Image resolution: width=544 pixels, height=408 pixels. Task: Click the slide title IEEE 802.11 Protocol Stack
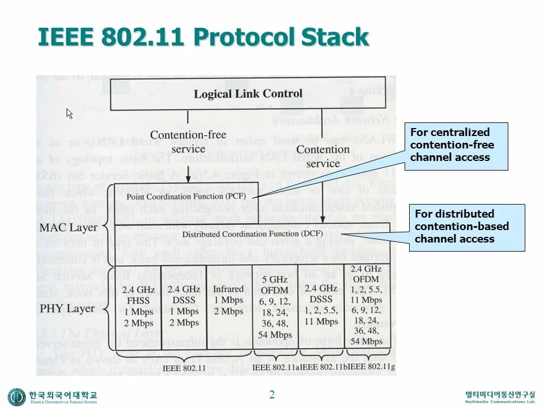tap(203, 37)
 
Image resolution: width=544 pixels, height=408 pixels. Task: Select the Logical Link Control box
tap(248, 94)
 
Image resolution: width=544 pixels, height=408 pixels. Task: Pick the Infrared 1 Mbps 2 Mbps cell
tap(228, 300)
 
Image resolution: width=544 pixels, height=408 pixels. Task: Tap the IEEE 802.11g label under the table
tap(368, 368)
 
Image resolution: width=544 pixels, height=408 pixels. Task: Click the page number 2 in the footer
tap(272, 394)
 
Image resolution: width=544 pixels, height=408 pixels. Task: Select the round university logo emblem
tap(16, 396)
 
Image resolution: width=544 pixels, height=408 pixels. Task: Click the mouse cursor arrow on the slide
tap(70, 113)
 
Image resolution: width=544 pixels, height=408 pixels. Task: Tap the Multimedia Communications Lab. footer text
tap(500, 401)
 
